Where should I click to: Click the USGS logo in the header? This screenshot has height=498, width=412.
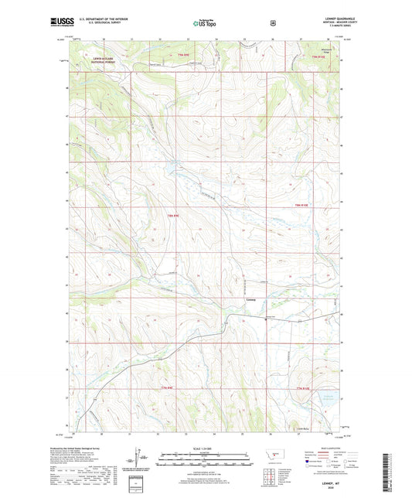coord(59,23)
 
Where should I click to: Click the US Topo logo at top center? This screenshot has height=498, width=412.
coord(205,24)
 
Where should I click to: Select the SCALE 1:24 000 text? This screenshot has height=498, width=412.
coord(205,450)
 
